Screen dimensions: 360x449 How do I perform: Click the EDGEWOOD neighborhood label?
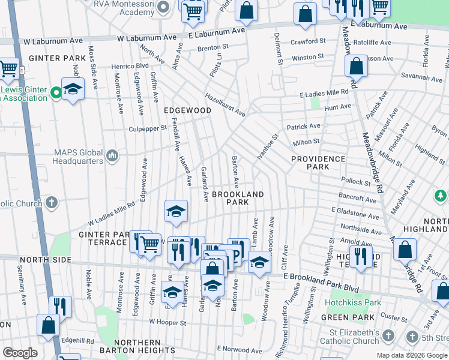187,111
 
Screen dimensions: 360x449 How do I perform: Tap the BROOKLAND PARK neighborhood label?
238,199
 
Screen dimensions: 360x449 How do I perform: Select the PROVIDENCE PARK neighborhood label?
318,163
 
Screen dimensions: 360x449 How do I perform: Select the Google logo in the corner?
20,353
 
